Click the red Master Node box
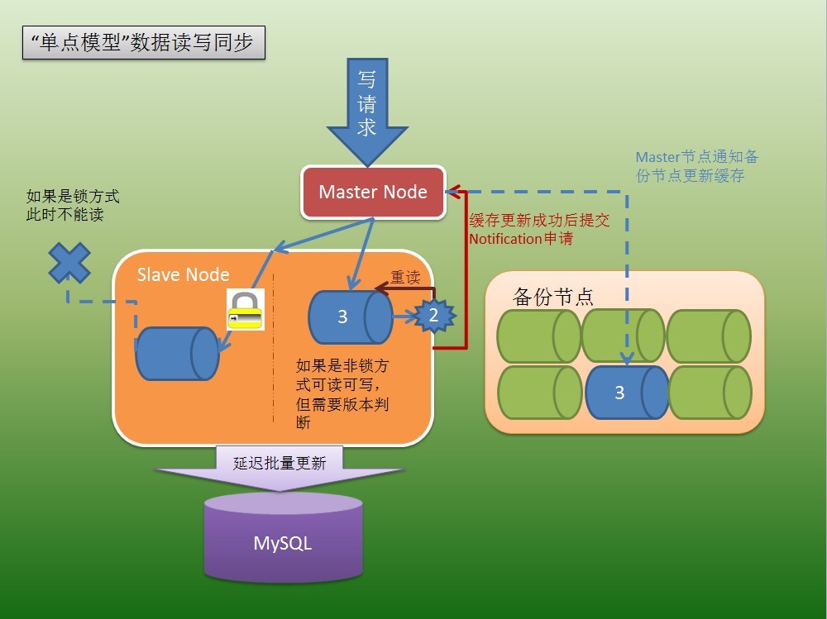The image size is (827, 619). pos(373,193)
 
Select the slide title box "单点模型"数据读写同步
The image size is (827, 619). pos(143,44)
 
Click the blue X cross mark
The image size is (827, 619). pos(69,264)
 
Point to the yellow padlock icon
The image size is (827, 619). pos(245,310)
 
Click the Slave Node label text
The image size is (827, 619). pos(184,274)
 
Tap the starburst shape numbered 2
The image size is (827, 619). pos(433,316)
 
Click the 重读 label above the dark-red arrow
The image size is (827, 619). pos(406,278)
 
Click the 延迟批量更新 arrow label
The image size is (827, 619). pos(280,463)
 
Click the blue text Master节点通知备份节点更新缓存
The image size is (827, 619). pos(696,166)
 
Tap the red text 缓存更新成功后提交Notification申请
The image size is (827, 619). pos(538,229)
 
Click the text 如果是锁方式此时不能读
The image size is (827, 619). pos(73,206)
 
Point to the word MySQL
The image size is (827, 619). pos(283,544)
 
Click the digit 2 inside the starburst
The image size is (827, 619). pos(433,316)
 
